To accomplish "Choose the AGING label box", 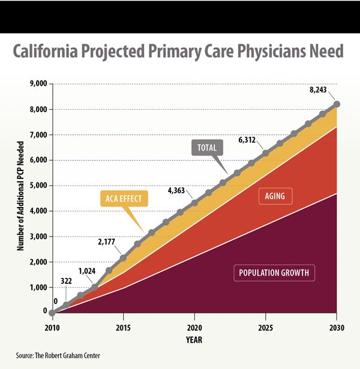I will pos(274,195).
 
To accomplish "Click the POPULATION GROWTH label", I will pos(273,273).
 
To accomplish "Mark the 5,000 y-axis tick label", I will pos(37,185).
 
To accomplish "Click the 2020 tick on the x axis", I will pos(194,328).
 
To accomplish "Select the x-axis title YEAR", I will pos(193,340).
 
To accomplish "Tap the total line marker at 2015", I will pos(124,258).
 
